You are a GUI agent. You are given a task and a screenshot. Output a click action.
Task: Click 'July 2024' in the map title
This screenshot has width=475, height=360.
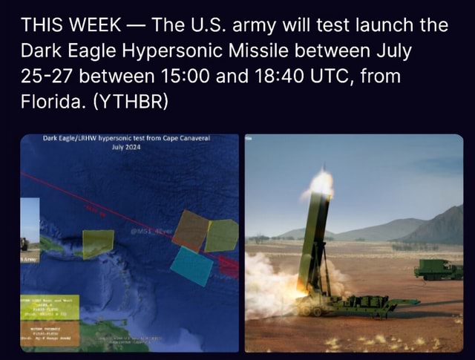click(x=127, y=147)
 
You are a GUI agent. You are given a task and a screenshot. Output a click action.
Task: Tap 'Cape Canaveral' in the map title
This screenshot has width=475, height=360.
click(x=186, y=139)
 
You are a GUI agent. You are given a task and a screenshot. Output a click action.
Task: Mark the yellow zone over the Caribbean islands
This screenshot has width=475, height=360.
click(x=97, y=244)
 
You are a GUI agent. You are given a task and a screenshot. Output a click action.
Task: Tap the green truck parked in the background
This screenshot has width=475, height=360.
click(x=438, y=269)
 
